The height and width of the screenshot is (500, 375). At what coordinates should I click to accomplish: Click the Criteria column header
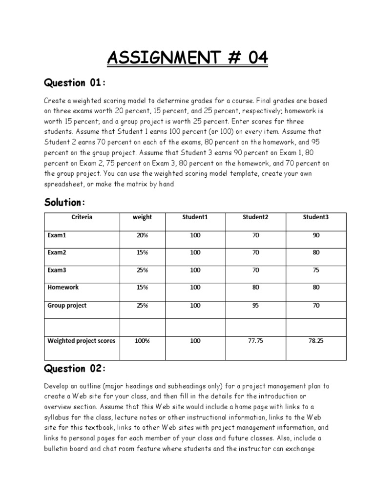click(x=82, y=217)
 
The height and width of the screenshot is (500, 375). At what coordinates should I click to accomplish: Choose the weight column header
click(x=143, y=217)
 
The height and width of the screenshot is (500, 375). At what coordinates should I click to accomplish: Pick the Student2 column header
click(x=255, y=217)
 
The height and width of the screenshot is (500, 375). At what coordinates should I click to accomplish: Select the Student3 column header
click(x=316, y=217)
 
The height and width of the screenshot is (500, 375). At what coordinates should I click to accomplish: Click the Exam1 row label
click(x=56, y=235)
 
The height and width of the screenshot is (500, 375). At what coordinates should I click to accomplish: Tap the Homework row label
click(x=62, y=288)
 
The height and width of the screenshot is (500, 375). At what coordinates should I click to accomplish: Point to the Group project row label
click(x=67, y=305)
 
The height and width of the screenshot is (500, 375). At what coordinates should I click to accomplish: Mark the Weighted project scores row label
click(x=82, y=341)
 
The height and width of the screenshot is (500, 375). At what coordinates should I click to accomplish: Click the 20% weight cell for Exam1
click(x=143, y=235)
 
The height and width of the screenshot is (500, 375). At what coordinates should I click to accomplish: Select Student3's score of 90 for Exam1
click(x=316, y=235)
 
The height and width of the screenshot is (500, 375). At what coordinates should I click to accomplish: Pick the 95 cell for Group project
click(x=255, y=306)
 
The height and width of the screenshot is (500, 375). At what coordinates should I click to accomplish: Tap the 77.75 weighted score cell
click(x=255, y=341)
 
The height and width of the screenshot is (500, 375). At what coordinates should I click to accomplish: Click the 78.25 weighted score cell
click(x=316, y=341)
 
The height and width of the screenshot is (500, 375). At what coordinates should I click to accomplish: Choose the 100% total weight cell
click(x=143, y=341)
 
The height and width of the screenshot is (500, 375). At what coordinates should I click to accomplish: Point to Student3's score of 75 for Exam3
click(x=316, y=271)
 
